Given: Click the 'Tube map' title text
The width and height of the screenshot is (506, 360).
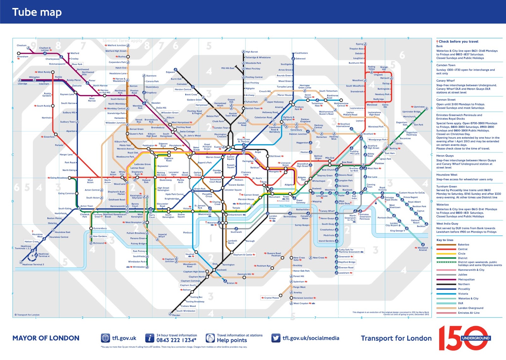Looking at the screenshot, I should (37, 12).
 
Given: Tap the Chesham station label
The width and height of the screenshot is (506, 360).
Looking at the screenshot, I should (22, 46).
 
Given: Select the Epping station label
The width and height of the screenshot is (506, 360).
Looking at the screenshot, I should (359, 44).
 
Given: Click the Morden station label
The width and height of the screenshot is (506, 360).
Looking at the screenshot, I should (176, 315).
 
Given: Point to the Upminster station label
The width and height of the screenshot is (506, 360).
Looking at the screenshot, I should (419, 107).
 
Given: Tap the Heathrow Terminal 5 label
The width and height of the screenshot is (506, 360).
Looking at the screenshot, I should (33, 264).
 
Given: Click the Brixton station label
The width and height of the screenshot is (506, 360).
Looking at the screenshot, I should (231, 283).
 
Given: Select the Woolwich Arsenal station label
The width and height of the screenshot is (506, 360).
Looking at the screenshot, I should (423, 249).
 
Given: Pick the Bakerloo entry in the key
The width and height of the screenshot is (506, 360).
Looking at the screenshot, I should (463, 245).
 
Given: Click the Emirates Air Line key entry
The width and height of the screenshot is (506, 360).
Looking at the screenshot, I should (469, 313).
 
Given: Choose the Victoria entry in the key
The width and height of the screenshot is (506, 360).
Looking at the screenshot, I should (463, 294).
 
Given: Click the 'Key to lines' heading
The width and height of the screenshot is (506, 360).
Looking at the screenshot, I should (445, 240).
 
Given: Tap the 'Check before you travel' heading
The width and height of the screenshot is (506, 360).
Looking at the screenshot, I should (458, 41).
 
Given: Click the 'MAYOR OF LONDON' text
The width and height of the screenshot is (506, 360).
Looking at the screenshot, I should (46, 338).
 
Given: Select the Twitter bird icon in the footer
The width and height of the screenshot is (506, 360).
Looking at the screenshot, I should (275, 338).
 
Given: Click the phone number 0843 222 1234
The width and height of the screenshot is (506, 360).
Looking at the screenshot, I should (176, 340).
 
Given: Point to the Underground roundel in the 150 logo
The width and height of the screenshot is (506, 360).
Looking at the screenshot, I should (475, 338).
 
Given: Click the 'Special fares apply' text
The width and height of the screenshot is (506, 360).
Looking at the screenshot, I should (122, 41).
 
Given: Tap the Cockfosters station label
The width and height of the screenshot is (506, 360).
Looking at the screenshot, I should (301, 53).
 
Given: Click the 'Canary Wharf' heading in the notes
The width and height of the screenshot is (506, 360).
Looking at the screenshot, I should (445, 81).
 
